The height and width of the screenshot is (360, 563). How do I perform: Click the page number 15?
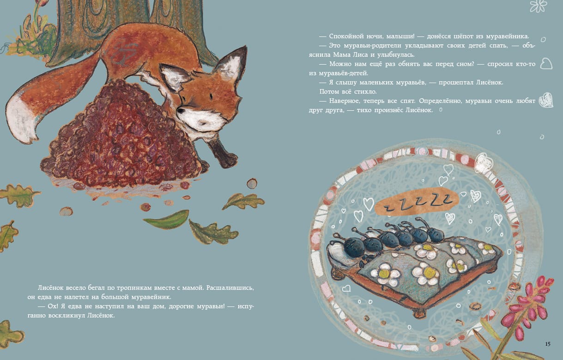click(x=548, y=344)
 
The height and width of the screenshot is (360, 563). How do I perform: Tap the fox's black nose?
click(x=181, y=110)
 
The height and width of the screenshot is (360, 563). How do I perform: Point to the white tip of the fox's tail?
click(x=21, y=118)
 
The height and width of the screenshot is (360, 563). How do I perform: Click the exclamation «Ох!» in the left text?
click(x=53, y=306)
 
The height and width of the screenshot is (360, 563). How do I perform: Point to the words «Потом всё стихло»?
click(x=348, y=92)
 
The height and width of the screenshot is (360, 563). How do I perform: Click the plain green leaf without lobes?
click(x=167, y=219)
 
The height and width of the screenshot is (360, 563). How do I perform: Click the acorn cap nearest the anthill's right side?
click(x=252, y=183)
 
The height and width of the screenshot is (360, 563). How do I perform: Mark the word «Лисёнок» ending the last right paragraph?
click(x=419, y=110)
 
